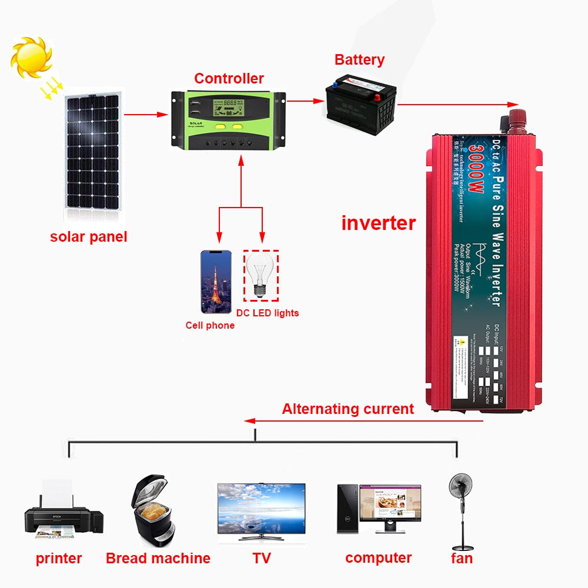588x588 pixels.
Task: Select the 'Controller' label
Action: coord(229,78)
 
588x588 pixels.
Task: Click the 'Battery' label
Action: coord(359,59)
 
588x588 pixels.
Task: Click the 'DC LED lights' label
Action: coord(268,313)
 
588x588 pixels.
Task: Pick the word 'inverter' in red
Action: coord(378,223)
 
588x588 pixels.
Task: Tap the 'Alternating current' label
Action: coord(348,409)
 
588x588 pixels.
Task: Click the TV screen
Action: coord(261,507)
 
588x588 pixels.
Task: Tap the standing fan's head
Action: coord(460,487)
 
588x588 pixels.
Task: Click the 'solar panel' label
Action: coord(88,237)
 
